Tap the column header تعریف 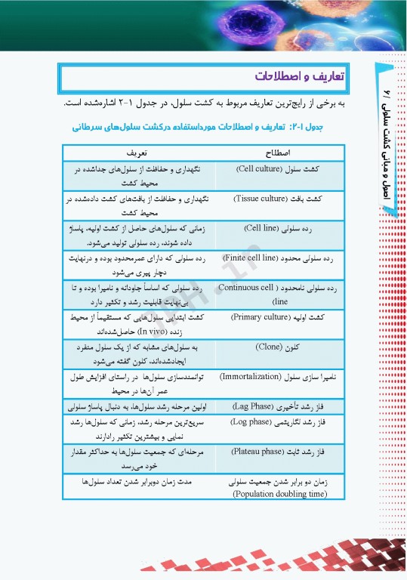coord(138,151)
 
